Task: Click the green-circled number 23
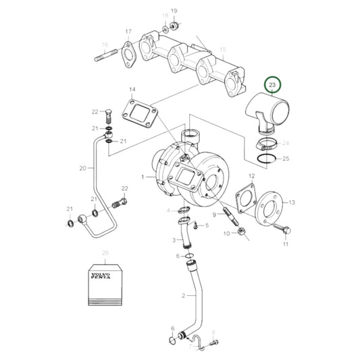(272, 86)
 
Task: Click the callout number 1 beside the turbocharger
(143, 177)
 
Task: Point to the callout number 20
(82, 168)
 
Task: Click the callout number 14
(132, 90)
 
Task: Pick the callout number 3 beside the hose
(172, 240)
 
